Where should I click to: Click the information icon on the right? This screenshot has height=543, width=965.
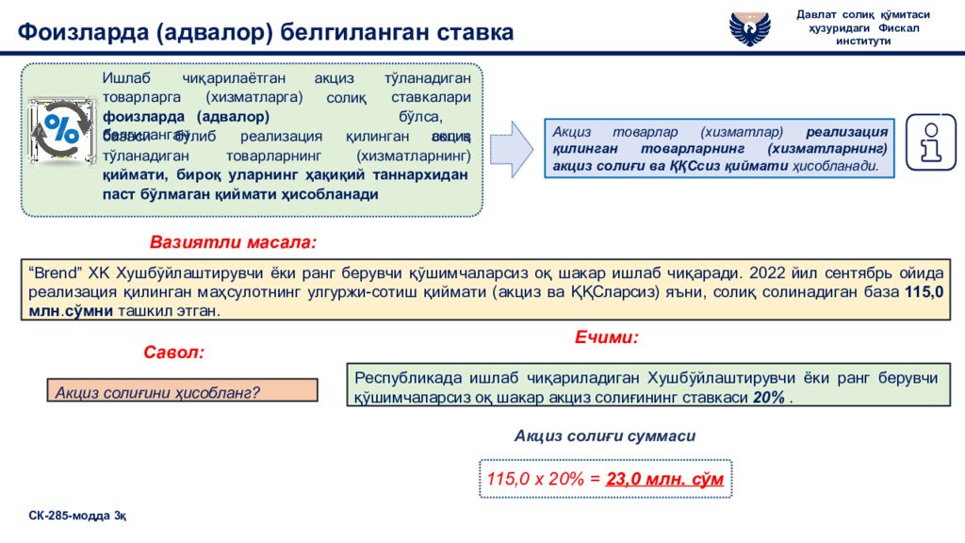coord(930,142)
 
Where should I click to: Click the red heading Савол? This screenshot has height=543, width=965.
coord(173,353)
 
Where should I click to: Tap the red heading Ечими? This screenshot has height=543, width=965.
coord(607,337)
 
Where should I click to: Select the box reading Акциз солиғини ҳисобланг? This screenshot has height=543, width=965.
coord(182,391)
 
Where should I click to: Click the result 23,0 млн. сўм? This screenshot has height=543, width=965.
coord(664,479)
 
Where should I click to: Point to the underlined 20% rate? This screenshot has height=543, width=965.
coord(769,397)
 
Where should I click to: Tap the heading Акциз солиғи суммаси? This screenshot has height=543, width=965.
coord(605,436)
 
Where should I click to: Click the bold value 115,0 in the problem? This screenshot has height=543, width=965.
coord(924,292)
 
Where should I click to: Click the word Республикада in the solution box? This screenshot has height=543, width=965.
coord(403,378)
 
